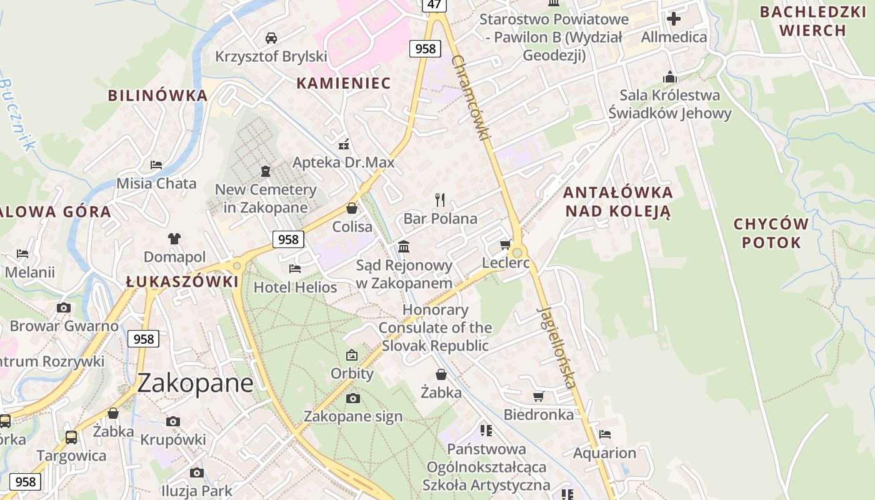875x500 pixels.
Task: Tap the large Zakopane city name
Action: [195, 382]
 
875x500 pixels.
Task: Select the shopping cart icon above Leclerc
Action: [505, 244]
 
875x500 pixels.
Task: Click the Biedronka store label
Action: [538, 414]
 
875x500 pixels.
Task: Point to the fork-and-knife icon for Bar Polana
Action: [440, 200]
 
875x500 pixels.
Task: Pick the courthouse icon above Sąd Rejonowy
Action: [404, 246]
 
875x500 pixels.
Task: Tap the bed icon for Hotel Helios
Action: [295, 269]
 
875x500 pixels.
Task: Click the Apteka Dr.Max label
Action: [344, 162]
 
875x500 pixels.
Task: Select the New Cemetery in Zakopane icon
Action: [266, 171]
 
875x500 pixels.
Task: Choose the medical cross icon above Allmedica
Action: [674, 19]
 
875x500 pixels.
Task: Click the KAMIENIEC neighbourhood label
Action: [343, 82]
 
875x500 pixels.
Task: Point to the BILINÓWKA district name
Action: [157, 95]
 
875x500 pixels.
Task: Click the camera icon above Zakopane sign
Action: [352, 398]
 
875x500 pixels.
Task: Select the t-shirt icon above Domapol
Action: [174, 238]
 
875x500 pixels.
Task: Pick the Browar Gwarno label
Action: [64, 326]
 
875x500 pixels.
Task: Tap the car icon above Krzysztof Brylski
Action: [271, 37]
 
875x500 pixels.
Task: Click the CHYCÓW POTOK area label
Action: [771, 233]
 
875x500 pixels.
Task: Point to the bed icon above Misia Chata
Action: [156, 165]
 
